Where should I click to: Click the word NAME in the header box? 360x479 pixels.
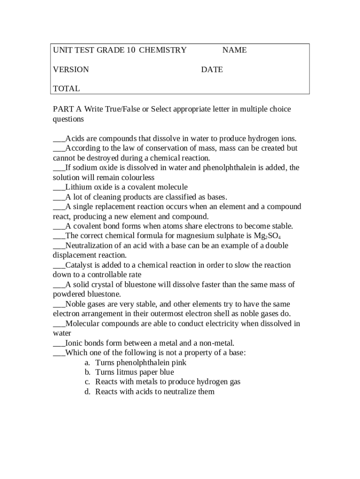pyautogui.click(x=234, y=50)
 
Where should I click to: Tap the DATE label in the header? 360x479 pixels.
pyautogui.click(x=212, y=70)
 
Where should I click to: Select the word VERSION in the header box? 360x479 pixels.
pyautogui.click(x=71, y=70)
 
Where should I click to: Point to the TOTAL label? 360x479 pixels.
pyautogui.click(x=66, y=88)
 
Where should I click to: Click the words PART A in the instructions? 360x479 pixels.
pyautogui.click(x=67, y=109)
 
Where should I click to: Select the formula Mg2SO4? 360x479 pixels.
pyautogui.click(x=267, y=236)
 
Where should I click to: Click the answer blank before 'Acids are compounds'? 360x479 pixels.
pyautogui.click(x=59, y=139)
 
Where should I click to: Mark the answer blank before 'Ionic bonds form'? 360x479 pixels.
pyautogui.click(x=59, y=343)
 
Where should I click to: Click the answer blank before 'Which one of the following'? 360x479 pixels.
pyautogui.click(x=59, y=353)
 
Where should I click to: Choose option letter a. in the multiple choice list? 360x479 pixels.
pyautogui.click(x=87, y=363)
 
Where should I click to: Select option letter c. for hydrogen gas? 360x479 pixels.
pyautogui.click(x=87, y=382)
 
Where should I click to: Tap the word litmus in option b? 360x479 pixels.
pyautogui.click(x=131, y=372)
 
